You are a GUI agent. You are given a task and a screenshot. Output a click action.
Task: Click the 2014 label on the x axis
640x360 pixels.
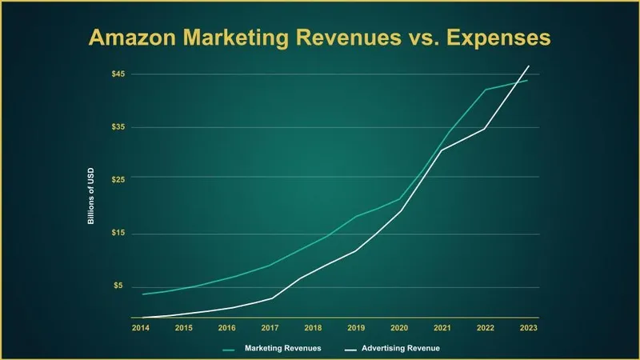point(141,328)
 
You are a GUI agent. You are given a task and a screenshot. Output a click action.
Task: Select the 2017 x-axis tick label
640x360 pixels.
point(270,328)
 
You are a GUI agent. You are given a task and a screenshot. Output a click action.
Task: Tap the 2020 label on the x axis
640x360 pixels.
point(398,328)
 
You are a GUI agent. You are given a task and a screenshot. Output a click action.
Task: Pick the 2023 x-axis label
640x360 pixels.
point(528,328)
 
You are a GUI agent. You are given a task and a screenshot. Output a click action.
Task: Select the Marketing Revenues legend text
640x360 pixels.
point(283,349)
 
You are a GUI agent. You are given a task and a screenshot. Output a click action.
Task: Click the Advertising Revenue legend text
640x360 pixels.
point(400,349)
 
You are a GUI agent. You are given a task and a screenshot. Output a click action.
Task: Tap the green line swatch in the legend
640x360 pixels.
point(228,350)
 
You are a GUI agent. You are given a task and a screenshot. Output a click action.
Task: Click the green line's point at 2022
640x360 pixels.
point(485,90)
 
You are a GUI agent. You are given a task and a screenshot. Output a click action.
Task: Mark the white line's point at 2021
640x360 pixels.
point(442,150)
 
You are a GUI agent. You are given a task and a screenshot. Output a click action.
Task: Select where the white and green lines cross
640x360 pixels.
point(518,82)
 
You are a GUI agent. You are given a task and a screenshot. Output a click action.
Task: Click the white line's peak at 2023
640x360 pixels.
point(528,66)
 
